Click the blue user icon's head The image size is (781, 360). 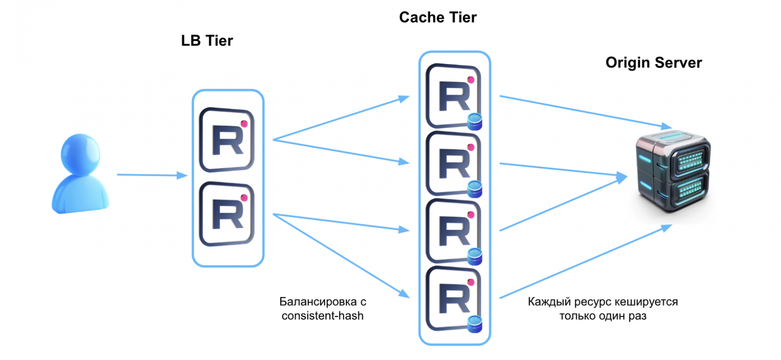(x=80, y=153)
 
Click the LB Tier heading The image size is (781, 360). (x=207, y=41)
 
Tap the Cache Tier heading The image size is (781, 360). (x=438, y=18)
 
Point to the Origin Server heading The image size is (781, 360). (x=653, y=63)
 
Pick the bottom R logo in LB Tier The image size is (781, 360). (x=227, y=213)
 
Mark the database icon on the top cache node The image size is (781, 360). (x=475, y=122)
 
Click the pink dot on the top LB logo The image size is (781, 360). (x=244, y=123)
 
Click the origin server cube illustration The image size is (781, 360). (x=671, y=173)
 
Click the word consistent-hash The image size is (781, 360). (x=322, y=316)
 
